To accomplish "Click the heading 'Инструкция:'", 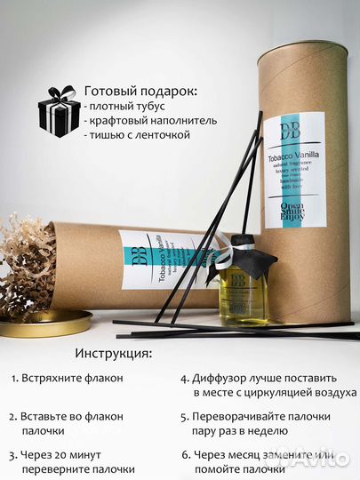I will click(x=113, y=353).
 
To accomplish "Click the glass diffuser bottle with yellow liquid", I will click(x=238, y=289).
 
